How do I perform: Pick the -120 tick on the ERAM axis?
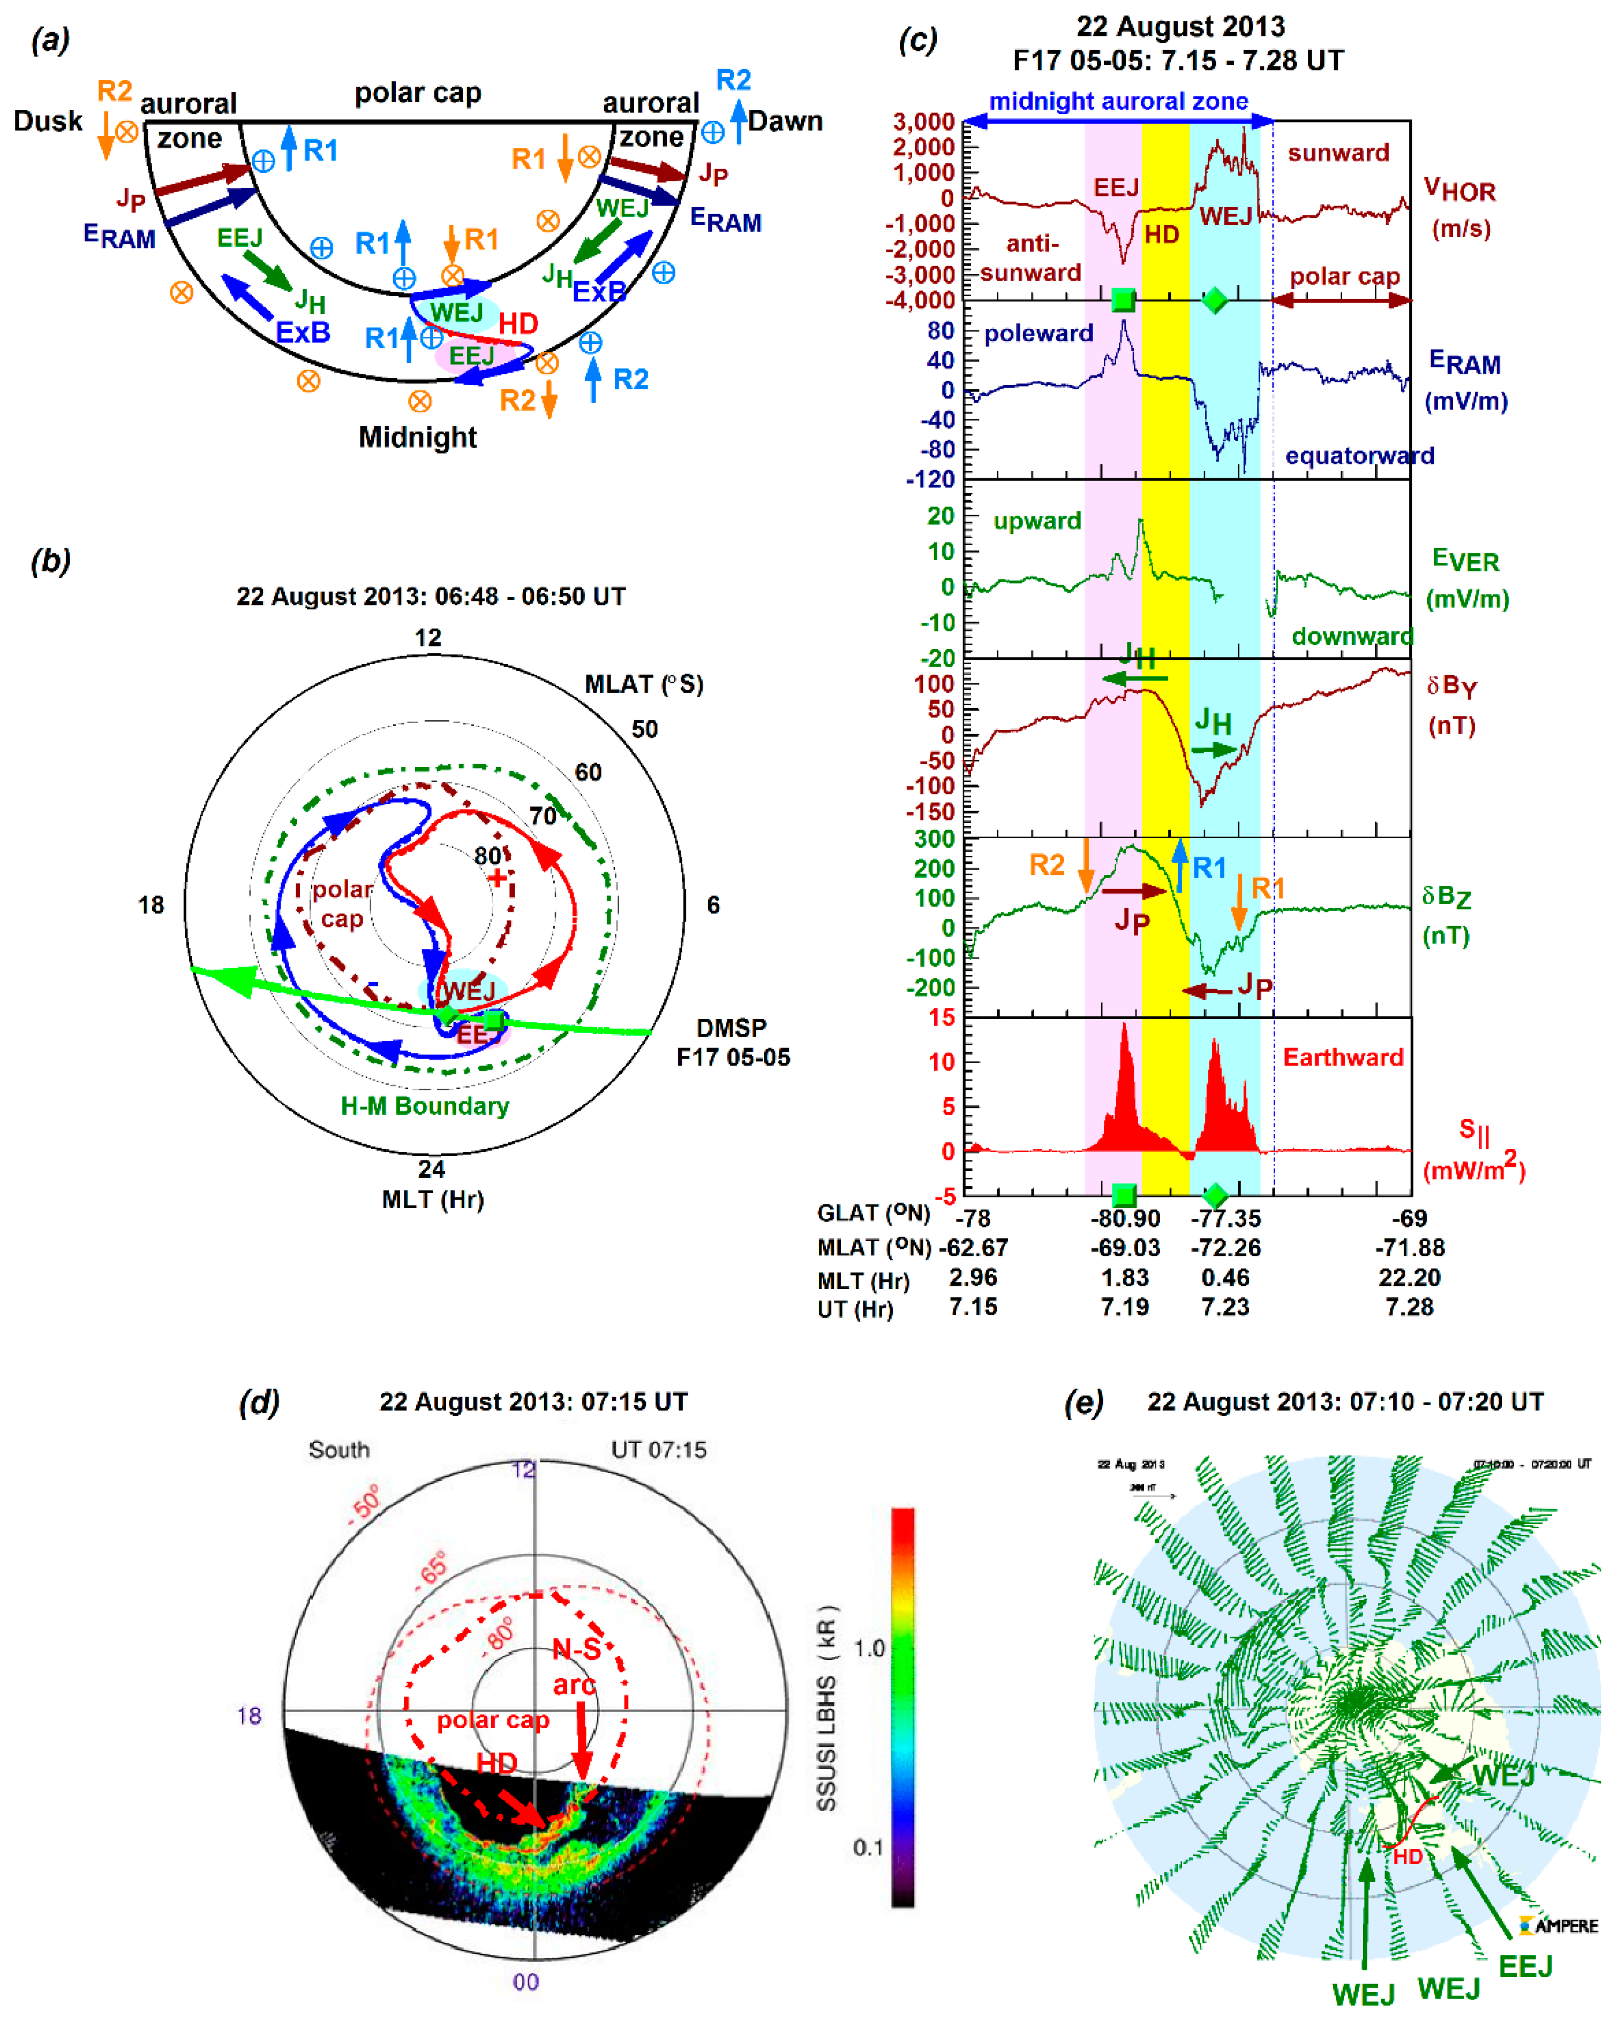click(x=929, y=480)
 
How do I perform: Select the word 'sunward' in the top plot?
click(x=1338, y=153)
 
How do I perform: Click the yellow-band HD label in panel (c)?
click(x=1162, y=235)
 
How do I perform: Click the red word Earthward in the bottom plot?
click(x=1342, y=1058)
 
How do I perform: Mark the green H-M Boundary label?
click(x=425, y=1106)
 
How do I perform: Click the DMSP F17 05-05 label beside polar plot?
click(x=733, y=1043)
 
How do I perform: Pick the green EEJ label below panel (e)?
click(x=1525, y=1966)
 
